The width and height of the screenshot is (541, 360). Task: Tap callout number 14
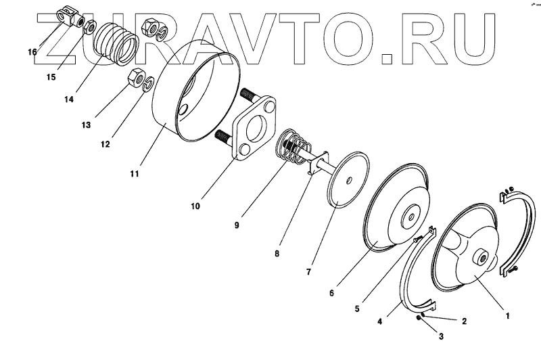[68, 99]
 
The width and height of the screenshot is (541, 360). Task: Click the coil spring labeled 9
[293, 150]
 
